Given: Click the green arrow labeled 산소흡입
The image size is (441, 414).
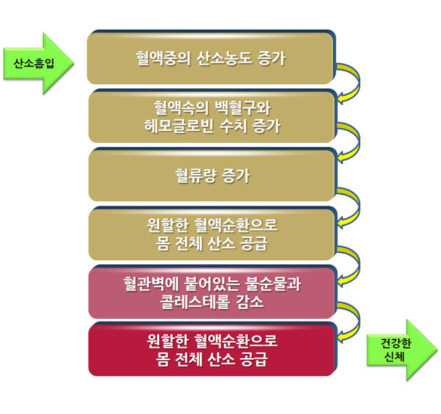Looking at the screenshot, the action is tap(39, 63).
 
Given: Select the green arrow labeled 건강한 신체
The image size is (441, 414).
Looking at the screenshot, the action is tap(402, 350).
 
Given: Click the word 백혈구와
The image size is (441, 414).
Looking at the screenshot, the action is tap(243, 108).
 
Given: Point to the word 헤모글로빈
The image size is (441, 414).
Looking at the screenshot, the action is tap(179, 126).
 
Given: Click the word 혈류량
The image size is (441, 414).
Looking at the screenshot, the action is tap(196, 176).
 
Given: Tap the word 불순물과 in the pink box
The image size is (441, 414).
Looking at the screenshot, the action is tap(273, 284).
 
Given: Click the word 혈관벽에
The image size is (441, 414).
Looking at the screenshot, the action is tap(151, 284).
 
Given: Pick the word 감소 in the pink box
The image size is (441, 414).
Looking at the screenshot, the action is tap(249, 302).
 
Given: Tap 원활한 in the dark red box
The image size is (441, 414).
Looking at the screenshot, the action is tap(167, 341).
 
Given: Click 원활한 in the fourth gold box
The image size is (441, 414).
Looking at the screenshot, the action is tap(167, 225).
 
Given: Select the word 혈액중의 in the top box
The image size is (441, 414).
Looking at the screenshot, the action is tap(163, 59).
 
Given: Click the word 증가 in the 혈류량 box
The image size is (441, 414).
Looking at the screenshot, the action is tap(236, 176).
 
